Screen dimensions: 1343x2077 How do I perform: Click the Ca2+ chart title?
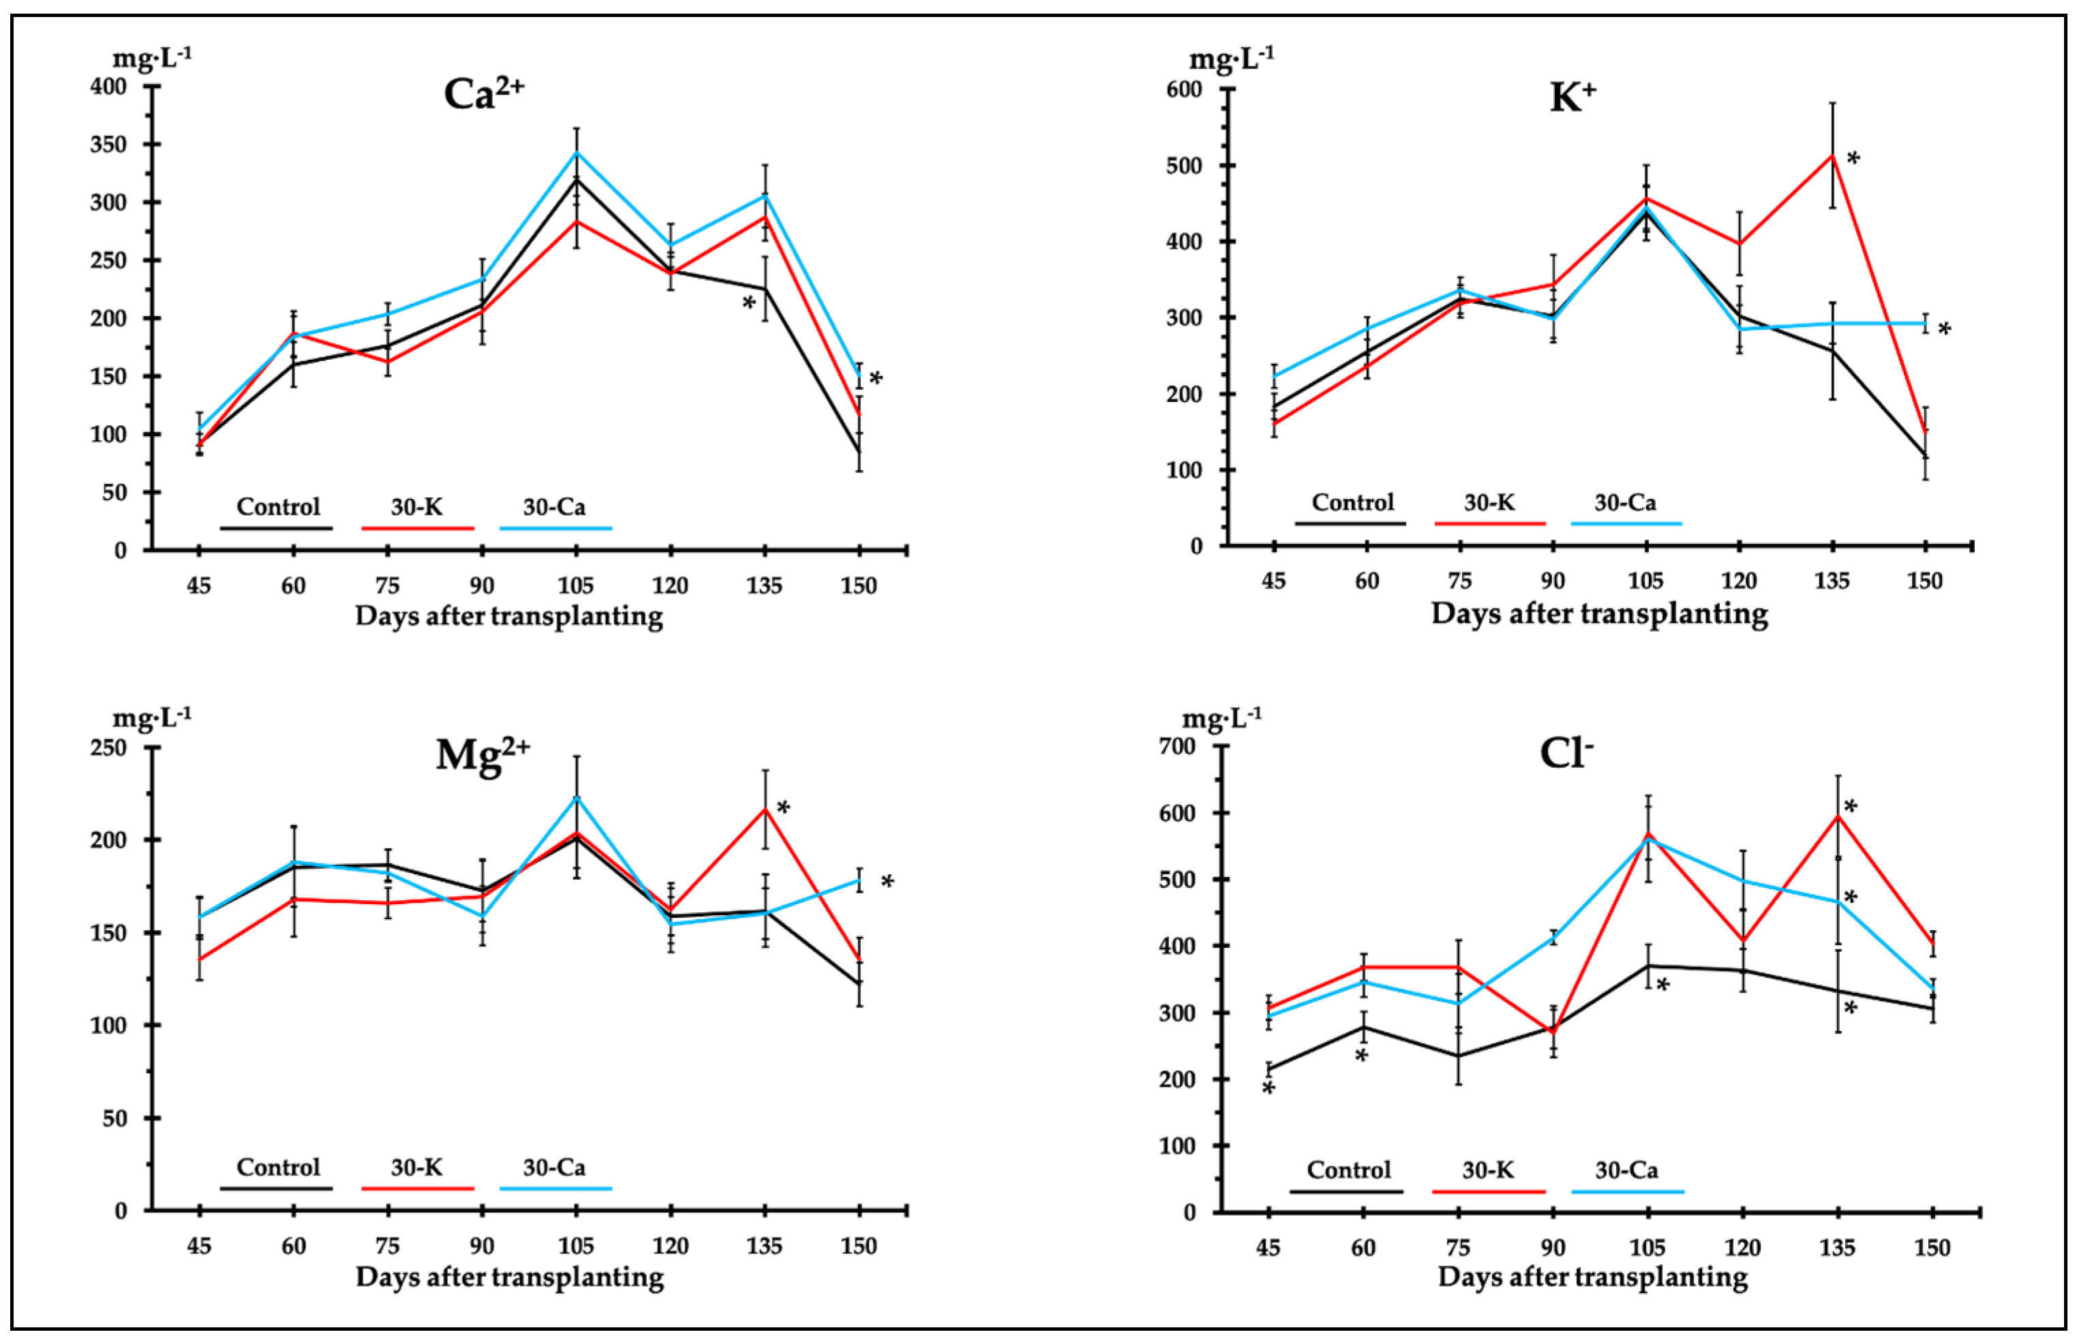point(483,93)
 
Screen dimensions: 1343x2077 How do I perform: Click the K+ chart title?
point(1571,97)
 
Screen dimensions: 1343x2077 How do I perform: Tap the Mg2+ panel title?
point(483,754)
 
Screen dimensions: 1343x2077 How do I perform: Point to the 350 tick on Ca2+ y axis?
point(109,144)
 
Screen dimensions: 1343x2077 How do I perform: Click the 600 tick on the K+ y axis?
point(1184,90)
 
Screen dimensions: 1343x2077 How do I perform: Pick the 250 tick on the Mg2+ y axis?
point(109,748)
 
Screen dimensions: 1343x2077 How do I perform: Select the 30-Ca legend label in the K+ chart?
point(1624,502)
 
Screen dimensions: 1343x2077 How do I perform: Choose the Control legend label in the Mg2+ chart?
point(278,1167)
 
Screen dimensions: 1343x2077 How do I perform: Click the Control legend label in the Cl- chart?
point(1348,1169)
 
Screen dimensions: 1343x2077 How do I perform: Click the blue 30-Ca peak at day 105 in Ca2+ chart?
point(576,153)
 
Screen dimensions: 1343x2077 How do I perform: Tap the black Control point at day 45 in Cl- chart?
point(1269,1069)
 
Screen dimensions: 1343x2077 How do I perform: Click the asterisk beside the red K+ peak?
point(1853,159)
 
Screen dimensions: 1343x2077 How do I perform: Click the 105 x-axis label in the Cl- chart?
point(1646,1248)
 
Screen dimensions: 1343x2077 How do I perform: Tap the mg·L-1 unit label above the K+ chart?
point(1231,59)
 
